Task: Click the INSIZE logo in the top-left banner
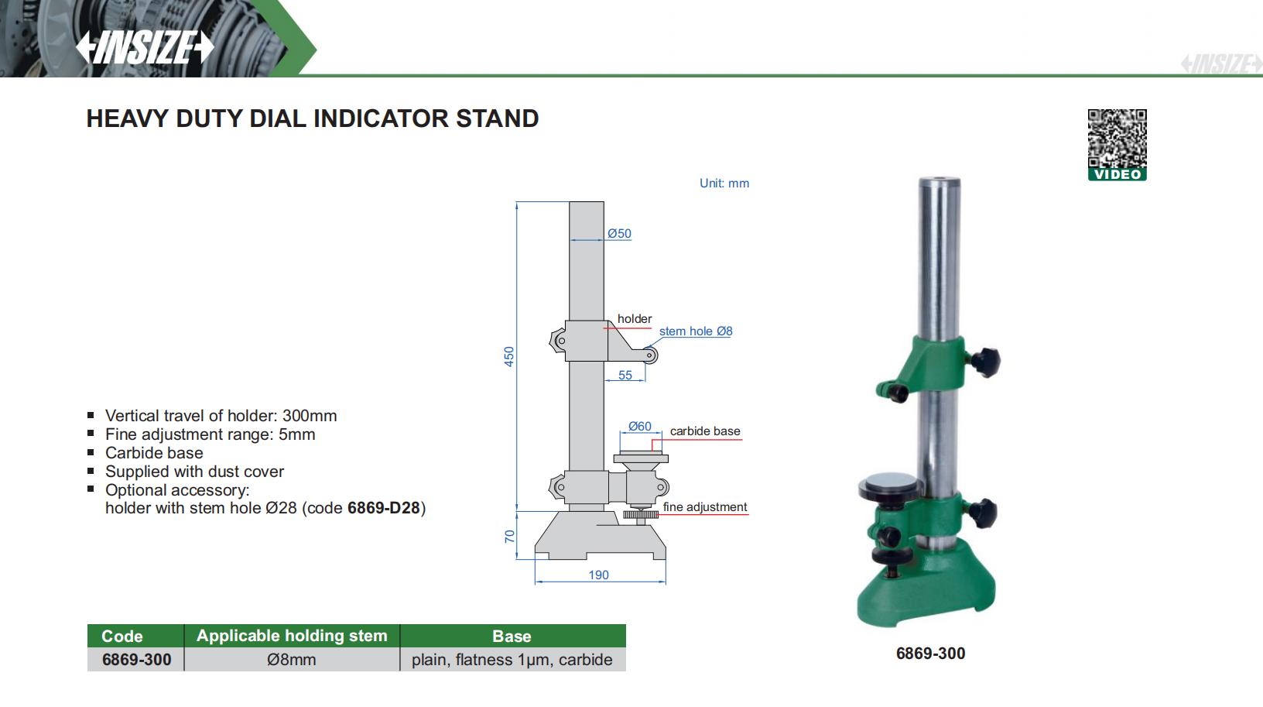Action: point(145,47)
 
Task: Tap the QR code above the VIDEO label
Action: point(1117,139)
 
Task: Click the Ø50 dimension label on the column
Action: point(619,234)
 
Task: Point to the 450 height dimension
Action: point(509,357)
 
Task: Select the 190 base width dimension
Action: point(598,575)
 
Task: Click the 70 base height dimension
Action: point(510,537)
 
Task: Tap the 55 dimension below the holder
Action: point(625,376)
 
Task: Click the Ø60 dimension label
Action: point(640,427)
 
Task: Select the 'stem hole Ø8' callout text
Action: point(696,331)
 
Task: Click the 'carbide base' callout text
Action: point(705,431)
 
